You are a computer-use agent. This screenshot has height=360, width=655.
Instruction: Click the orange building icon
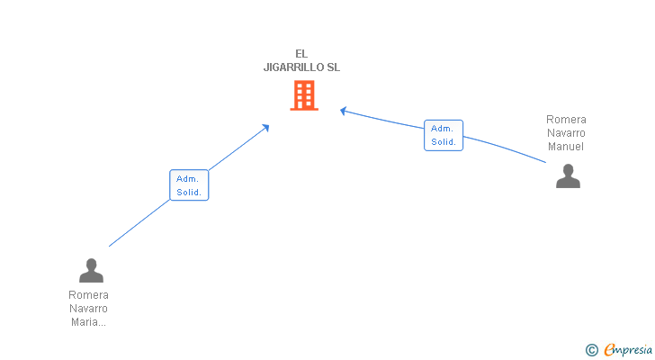(x=304, y=95)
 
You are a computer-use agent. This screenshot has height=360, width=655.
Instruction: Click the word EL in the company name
(x=301, y=53)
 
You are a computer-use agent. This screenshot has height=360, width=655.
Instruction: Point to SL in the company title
(x=333, y=67)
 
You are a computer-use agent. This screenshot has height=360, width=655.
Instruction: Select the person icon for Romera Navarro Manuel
(x=568, y=175)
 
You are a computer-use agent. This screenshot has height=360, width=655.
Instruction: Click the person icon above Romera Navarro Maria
(x=91, y=270)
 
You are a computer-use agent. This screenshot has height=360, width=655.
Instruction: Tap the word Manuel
(x=566, y=147)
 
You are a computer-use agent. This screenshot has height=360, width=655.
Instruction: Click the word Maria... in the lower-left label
(x=88, y=322)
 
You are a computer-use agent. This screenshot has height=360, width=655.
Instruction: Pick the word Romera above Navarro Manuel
(x=566, y=120)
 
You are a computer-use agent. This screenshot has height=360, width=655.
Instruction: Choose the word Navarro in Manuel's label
(x=566, y=133)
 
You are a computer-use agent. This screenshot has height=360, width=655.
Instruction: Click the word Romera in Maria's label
(x=88, y=294)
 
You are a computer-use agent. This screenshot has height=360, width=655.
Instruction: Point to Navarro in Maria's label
(x=88, y=309)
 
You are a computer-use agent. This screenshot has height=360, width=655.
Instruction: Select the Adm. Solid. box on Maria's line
(x=189, y=185)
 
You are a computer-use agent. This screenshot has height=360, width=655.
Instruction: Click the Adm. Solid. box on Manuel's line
(x=444, y=135)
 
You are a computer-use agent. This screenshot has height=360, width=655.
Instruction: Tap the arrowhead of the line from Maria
(x=266, y=127)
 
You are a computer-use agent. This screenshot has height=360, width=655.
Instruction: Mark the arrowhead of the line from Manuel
(x=343, y=111)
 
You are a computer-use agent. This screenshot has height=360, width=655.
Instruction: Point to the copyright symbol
(x=591, y=350)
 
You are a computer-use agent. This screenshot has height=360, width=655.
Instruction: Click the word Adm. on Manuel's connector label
(x=442, y=129)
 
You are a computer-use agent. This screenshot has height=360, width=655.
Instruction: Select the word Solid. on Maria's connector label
(x=189, y=193)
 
